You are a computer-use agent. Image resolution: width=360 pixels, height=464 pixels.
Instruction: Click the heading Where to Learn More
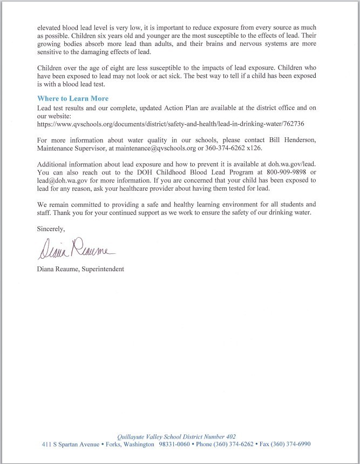coord(73,99)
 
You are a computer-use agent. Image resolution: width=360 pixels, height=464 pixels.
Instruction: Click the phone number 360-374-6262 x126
coord(257,147)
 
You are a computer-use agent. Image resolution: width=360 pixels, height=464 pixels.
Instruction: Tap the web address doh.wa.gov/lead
coord(297,164)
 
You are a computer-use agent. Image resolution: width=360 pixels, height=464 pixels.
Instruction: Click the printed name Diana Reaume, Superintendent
coord(80,269)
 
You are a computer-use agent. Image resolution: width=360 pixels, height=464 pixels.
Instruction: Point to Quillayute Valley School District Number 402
coord(176,436)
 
